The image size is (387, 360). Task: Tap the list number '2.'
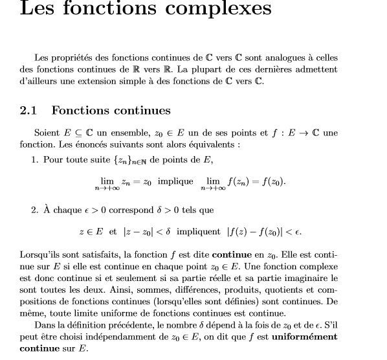(x=35, y=210)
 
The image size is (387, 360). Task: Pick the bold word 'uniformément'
(x=304, y=337)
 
